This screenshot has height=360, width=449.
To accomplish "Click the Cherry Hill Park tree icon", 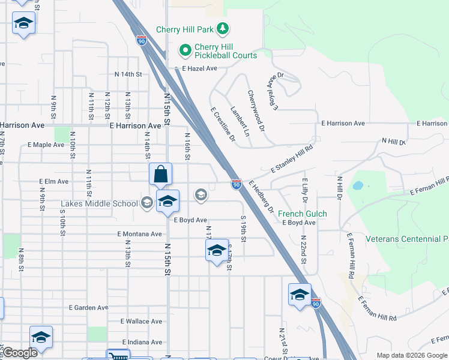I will point(223,28).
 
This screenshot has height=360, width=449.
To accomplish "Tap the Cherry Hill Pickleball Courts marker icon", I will point(185,50).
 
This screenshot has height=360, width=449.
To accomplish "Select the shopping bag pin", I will point(160,174).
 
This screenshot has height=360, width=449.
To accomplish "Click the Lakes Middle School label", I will point(100,203).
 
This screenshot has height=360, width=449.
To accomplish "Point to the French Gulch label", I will point(303,214).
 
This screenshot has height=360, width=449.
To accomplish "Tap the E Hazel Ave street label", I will point(199,68).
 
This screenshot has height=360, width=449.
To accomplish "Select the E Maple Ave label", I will point(46,145).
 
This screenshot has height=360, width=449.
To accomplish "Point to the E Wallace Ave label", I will point(142,322).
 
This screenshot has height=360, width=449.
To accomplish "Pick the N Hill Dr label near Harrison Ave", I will point(394,142).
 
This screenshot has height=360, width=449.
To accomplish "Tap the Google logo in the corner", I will point(20,353).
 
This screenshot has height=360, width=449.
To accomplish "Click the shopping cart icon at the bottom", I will point(118,356).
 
